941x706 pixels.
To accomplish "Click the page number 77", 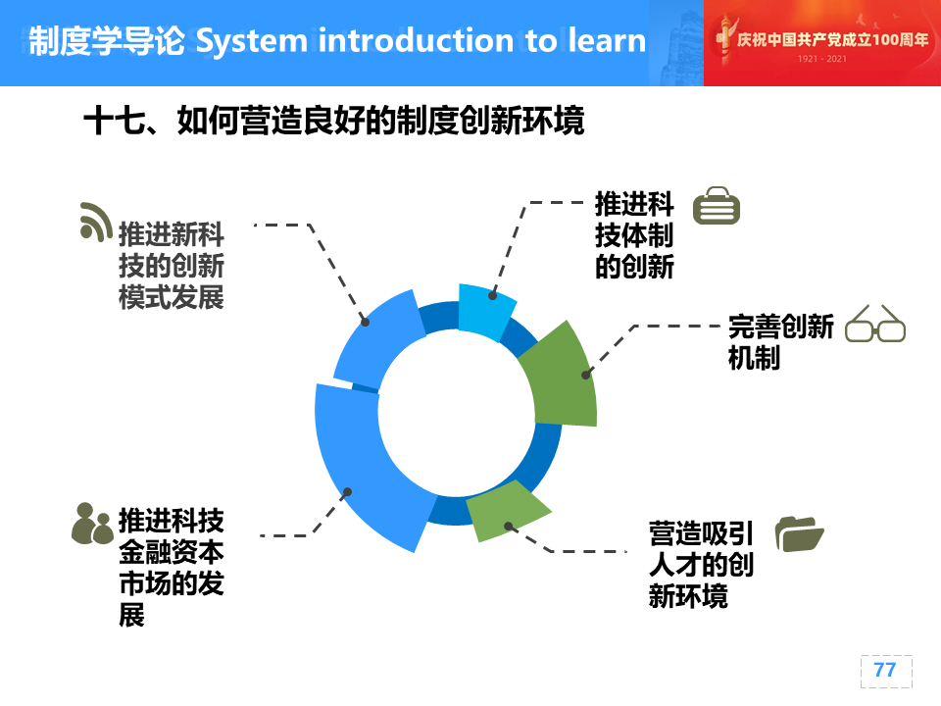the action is (x=884, y=670).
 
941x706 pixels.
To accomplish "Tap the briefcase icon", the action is (x=716, y=205).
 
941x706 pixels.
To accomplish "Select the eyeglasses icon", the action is (x=875, y=324).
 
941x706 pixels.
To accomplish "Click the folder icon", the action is (x=799, y=533).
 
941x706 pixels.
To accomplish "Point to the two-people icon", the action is (x=92, y=524).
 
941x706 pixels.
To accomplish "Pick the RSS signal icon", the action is (x=96, y=222).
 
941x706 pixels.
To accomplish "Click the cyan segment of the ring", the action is (x=485, y=312).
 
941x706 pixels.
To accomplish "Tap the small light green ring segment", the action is (x=506, y=510).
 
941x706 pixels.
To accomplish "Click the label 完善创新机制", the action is (x=780, y=342).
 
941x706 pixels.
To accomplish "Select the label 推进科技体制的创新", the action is (x=634, y=235).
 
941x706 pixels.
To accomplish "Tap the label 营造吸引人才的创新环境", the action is (x=700, y=565).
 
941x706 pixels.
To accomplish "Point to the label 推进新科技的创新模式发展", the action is (x=171, y=266).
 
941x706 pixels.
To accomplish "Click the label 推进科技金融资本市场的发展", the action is (x=171, y=568).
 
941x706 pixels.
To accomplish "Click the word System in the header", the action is (x=252, y=41).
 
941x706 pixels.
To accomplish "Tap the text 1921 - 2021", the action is (x=821, y=59).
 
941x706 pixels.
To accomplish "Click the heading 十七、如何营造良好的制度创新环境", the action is (x=333, y=120).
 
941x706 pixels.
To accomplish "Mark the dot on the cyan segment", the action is (x=492, y=295).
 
